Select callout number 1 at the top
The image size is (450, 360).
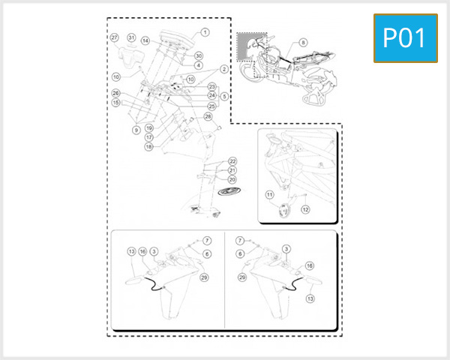pos(205,32)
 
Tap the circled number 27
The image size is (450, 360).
pos(115,37)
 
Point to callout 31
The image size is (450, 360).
pos(131,37)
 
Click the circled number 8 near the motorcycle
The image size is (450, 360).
pos(303,43)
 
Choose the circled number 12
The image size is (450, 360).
pos(305,210)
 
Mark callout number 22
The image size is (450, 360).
pos(232,162)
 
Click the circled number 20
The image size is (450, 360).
pos(232,180)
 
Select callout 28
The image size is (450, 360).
pos(208,116)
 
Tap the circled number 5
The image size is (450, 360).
pos(224,96)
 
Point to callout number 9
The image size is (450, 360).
pos(136,130)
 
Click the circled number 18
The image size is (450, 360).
pos(148,147)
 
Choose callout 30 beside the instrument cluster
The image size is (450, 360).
pos(199,56)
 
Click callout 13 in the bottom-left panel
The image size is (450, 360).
pos(130,251)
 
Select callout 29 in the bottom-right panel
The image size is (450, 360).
pos(242,277)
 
